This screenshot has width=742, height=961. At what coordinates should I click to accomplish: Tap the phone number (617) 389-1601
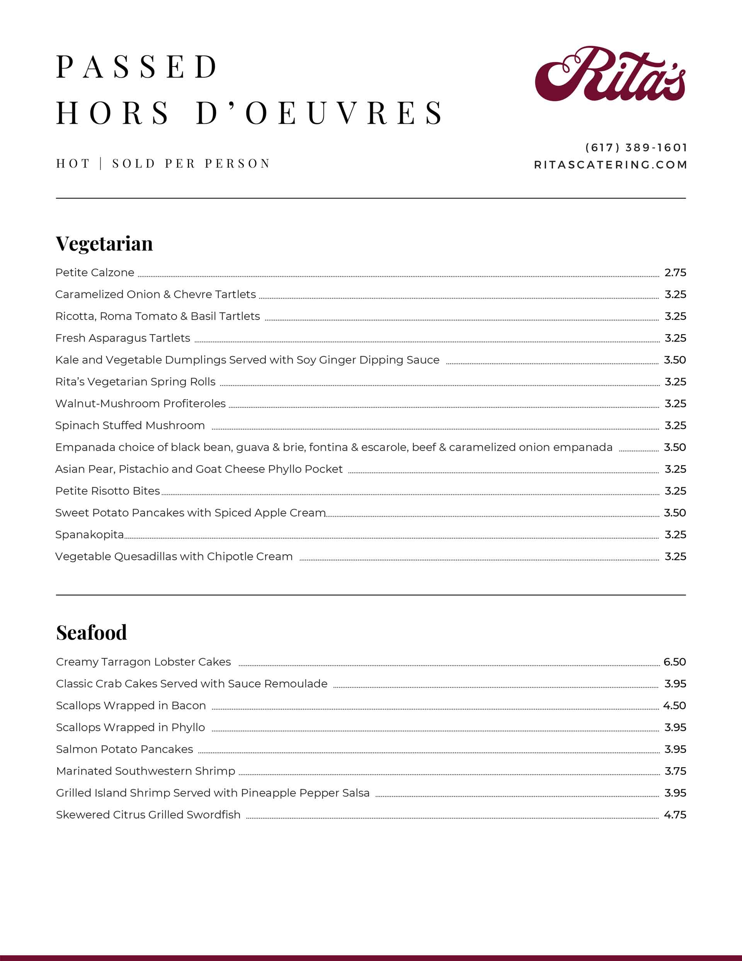coord(636,147)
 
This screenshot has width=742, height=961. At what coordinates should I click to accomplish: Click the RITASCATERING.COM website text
coord(611,165)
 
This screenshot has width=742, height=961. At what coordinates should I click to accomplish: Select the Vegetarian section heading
coord(104,243)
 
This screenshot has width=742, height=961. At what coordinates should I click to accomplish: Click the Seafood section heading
coord(92,633)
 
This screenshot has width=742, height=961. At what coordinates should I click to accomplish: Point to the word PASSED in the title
coord(137,67)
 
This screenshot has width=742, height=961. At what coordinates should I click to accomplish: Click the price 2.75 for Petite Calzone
coord(675,273)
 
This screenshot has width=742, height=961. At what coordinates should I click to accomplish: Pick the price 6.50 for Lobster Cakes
coord(674,662)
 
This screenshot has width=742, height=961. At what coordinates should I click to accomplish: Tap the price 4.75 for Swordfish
coord(675,815)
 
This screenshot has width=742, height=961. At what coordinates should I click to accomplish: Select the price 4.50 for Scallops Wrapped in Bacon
coord(674,706)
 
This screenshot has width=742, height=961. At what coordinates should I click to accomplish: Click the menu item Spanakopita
coord(89,534)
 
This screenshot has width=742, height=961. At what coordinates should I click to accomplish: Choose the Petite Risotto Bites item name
coord(107,491)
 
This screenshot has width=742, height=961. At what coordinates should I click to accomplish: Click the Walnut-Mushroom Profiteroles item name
coord(140,403)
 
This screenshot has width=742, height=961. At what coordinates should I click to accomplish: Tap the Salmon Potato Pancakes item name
coord(124,749)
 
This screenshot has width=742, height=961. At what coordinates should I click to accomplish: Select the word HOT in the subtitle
coord(73,164)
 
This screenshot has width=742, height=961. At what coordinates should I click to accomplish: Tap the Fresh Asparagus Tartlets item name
coord(123,338)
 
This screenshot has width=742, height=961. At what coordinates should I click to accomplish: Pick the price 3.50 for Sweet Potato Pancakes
coord(674,513)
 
